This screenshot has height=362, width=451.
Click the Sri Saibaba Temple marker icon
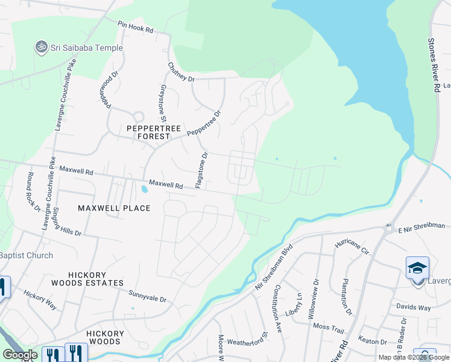(x=42, y=48)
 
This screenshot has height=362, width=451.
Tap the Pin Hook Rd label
(x=136, y=27)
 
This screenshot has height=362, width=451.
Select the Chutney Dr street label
(x=181, y=72)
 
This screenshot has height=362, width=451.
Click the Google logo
(x=20, y=355)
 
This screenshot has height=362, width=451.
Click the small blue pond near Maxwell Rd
(x=144, y=189)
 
